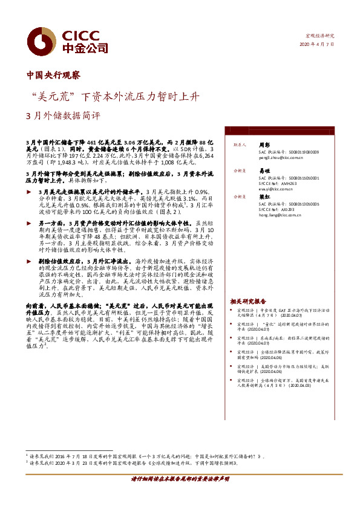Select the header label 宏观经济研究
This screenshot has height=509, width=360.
(x=321, y=36)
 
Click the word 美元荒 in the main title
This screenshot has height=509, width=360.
(x=55, y=96)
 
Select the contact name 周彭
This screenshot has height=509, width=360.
(x=264, y=145)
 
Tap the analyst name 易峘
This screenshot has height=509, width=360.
(x=264, y=171)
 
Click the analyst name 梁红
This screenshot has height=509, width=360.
(x=264, y=197)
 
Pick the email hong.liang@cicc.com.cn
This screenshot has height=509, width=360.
(x=281, y=214)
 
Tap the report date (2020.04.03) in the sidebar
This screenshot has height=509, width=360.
(x=301, y=385)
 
